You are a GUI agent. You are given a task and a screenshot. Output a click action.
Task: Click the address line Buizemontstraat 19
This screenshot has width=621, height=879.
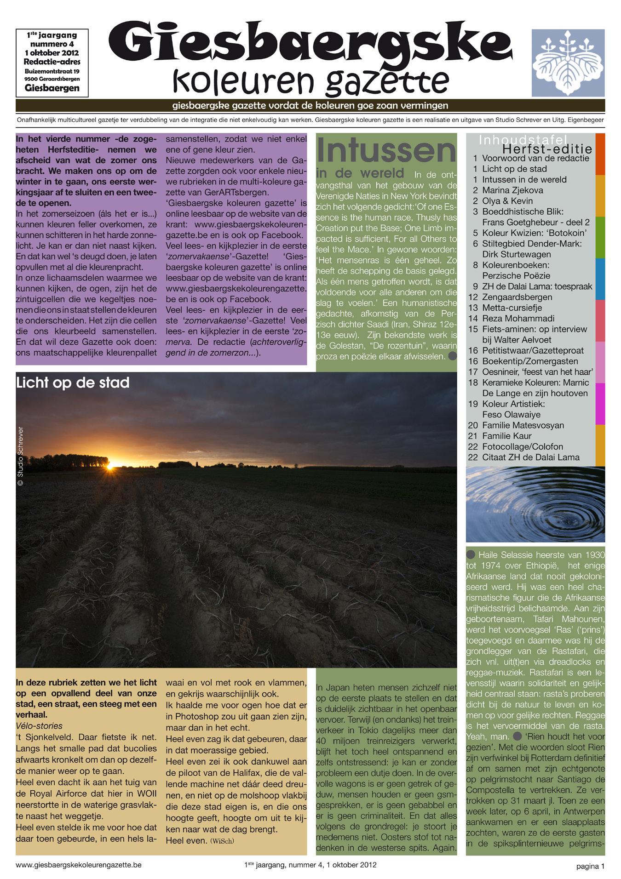point(52,71)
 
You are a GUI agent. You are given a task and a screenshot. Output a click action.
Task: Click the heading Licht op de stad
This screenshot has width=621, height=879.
point(73,382)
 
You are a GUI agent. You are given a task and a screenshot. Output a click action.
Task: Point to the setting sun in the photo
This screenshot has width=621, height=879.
point(110,468)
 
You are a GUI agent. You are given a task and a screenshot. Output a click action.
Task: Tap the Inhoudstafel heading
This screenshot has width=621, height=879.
point(523,139)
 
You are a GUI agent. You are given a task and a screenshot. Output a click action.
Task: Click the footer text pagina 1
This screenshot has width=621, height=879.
point(591,866)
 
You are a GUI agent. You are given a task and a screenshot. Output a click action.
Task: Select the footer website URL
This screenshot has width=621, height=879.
point(78,865)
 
